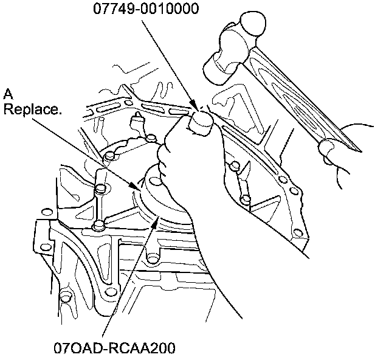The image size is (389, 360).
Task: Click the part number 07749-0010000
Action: pos(146,8)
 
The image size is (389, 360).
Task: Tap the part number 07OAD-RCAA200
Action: pos(114,348)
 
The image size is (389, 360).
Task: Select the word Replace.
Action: pos(32,109)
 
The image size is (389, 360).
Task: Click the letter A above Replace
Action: pos(8,94)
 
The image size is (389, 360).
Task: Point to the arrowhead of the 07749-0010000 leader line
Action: pos(194,105)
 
